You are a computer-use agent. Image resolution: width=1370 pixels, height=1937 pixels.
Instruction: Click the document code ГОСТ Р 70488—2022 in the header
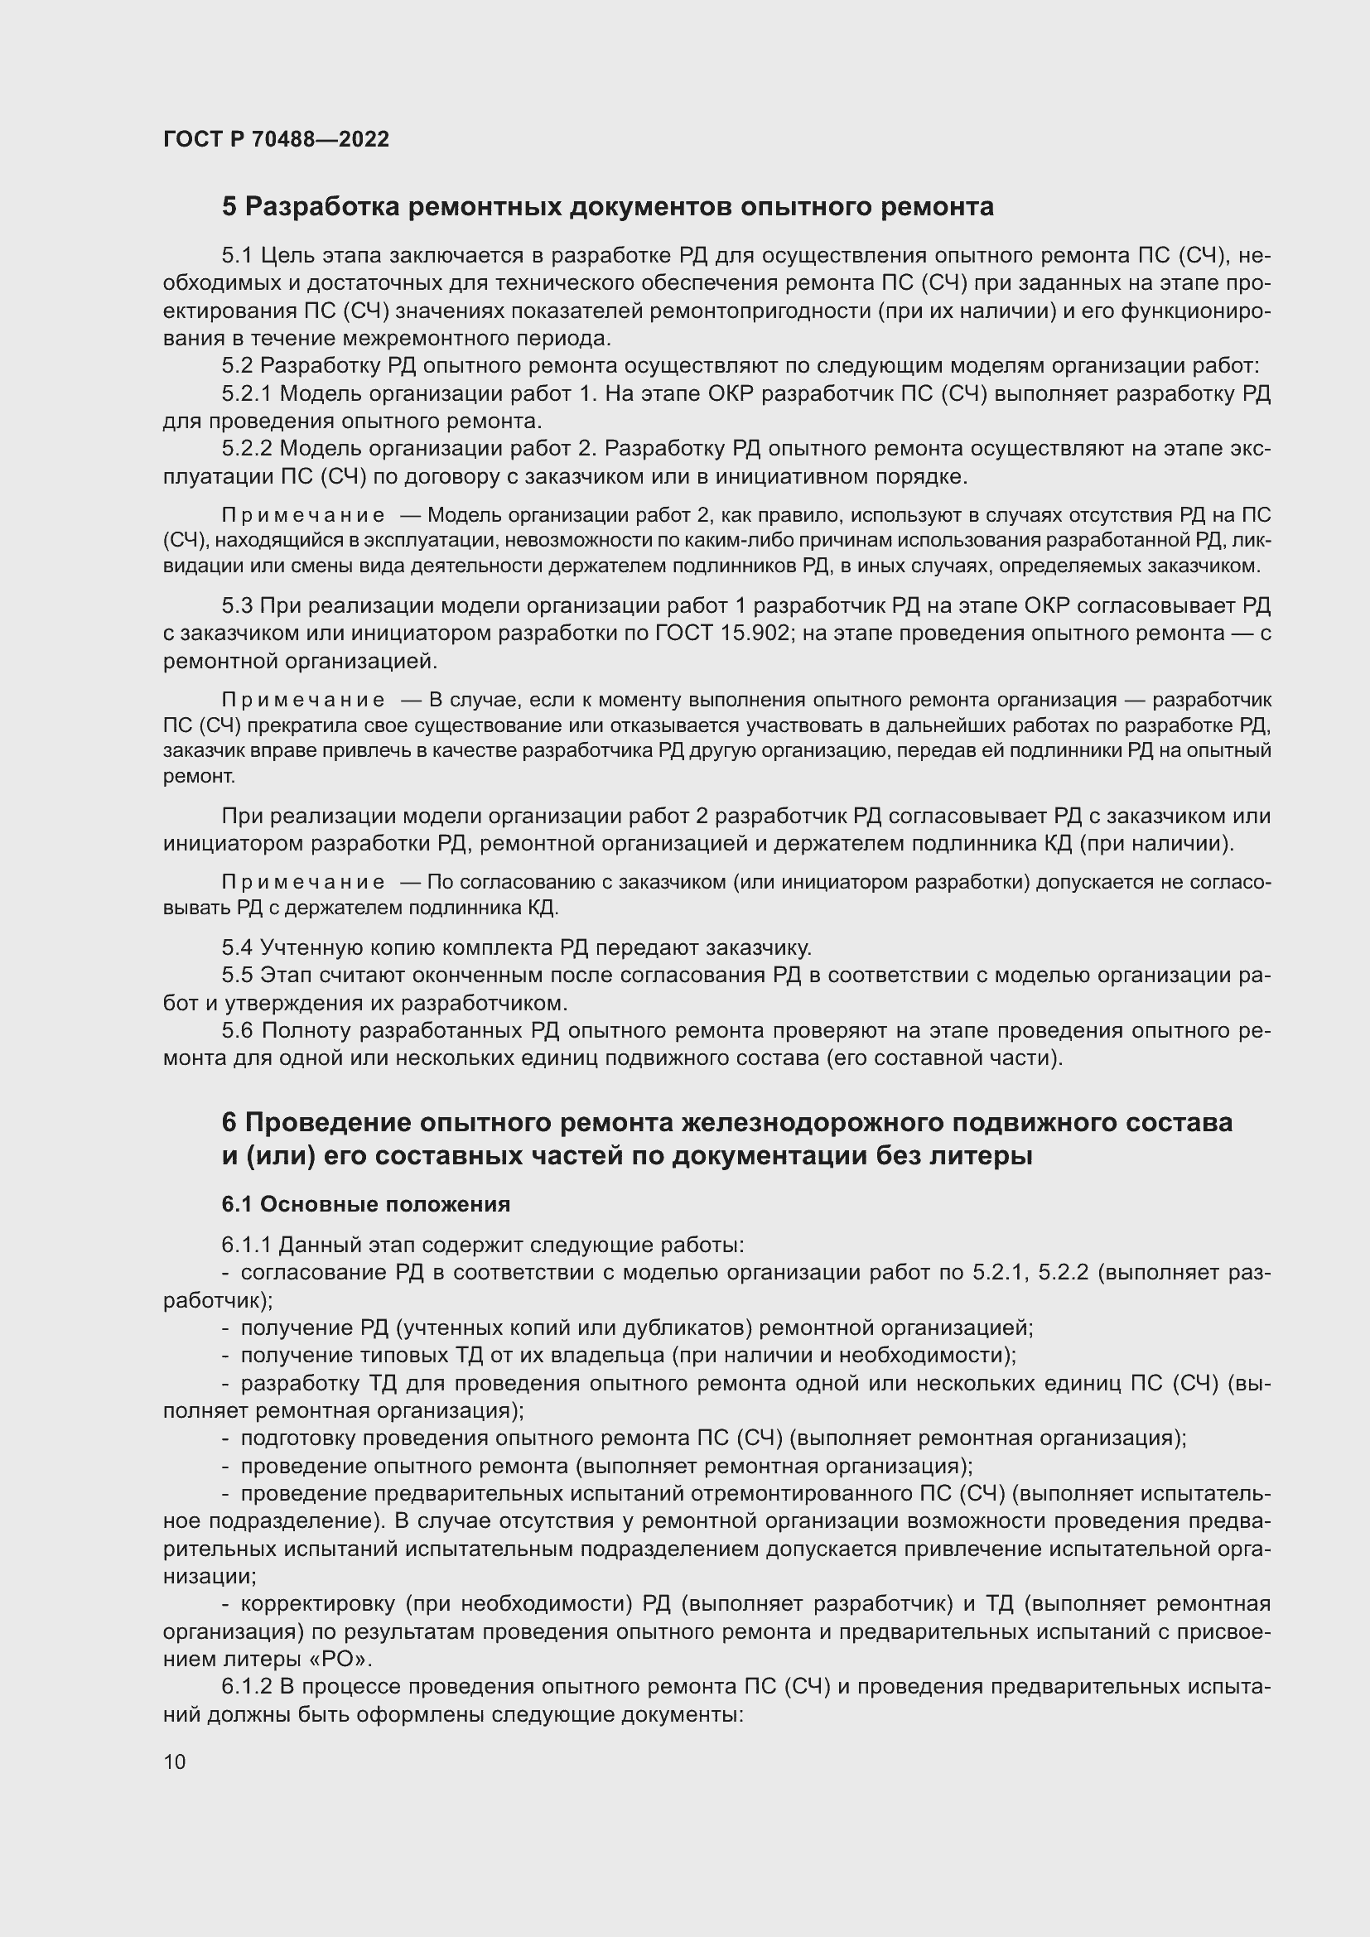coord(276,140)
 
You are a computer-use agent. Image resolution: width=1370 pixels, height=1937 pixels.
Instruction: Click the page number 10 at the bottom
coord(175,1761)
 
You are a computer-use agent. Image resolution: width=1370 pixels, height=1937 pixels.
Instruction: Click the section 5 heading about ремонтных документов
coord(607,207)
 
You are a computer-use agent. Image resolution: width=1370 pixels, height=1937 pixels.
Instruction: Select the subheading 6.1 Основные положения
coord(365,1204)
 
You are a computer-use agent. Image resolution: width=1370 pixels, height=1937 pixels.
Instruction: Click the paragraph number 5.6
coord(237,1030)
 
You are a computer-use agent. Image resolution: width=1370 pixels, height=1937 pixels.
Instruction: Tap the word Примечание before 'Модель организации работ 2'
coord(303,515)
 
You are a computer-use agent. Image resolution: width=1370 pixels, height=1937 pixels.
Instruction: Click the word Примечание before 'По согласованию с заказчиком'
coord(303,883)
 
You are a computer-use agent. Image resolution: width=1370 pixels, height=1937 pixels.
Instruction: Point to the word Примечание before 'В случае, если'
coord(303,701)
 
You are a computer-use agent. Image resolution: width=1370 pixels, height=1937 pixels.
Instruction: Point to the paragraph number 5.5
coord(237,976)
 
